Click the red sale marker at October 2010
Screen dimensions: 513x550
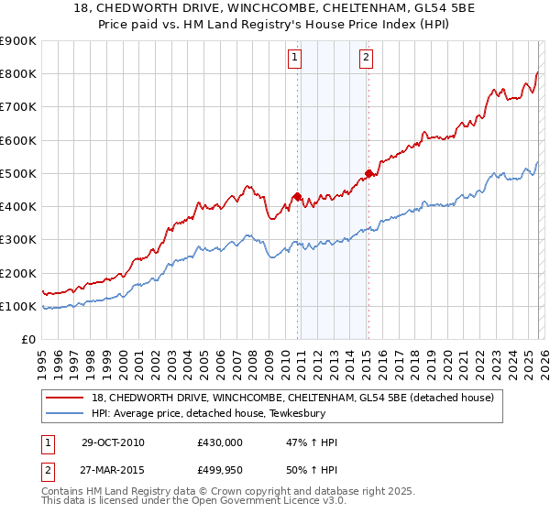point(298,196)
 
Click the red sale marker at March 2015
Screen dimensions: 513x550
point(368,173)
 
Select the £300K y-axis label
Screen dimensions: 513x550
point(18,240)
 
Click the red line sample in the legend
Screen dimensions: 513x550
point(66,398)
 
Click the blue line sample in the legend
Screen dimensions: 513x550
point(66,413)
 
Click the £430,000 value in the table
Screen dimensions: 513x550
point(219,442)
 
